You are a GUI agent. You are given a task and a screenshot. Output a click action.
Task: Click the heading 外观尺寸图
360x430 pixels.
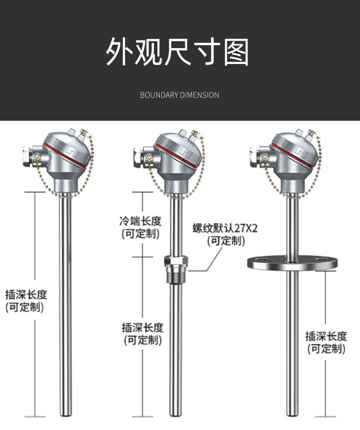(178, 52)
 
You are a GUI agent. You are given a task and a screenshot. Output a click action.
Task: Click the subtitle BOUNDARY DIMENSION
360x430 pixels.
(179, 95)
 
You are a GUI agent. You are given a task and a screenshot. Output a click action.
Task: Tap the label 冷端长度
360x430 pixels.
(141, 222)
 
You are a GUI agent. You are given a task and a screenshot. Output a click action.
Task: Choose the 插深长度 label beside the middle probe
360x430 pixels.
(142, 328)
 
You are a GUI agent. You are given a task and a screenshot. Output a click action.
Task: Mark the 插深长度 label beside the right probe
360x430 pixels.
(326, 336)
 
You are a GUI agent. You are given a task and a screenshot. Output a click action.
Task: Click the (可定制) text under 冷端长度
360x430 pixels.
(141, 234)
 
